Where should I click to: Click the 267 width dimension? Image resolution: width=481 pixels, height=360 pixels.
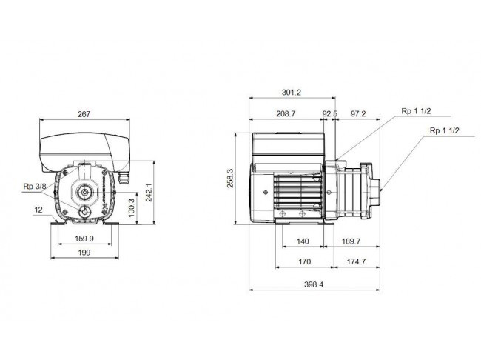pos(84,114)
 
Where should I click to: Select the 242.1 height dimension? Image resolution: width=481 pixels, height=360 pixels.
pos(149,193)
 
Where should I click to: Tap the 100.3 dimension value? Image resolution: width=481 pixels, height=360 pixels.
pos(131,207)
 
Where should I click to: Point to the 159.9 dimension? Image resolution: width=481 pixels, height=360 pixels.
pos(84,239)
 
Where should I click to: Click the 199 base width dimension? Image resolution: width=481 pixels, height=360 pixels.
pos(84,253)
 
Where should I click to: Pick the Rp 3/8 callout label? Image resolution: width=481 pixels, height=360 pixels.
pos(35,187)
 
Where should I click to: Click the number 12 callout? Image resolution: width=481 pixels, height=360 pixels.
pos(38,210)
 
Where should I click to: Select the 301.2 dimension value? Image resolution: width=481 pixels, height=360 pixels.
pos(292,92)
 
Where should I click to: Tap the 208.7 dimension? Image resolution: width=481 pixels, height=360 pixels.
pos(286,113)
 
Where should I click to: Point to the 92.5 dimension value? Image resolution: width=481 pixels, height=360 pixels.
pos(329,113)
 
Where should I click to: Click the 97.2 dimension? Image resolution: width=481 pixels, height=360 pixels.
pos(358,113)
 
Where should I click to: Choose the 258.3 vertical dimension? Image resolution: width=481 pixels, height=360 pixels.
pos(230,179)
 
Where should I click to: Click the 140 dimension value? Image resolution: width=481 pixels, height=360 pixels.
pos(303,241)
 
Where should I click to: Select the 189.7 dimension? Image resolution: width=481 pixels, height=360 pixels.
pos(351,241)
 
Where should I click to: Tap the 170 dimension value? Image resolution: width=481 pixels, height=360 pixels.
pos(304,261)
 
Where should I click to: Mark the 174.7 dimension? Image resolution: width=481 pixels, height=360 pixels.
pos(356,261)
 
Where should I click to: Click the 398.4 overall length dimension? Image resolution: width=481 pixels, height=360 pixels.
pos(314,284)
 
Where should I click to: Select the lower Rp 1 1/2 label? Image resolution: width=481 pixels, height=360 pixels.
pos(445,130)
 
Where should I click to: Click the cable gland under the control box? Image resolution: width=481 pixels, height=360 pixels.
pos(124,178)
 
